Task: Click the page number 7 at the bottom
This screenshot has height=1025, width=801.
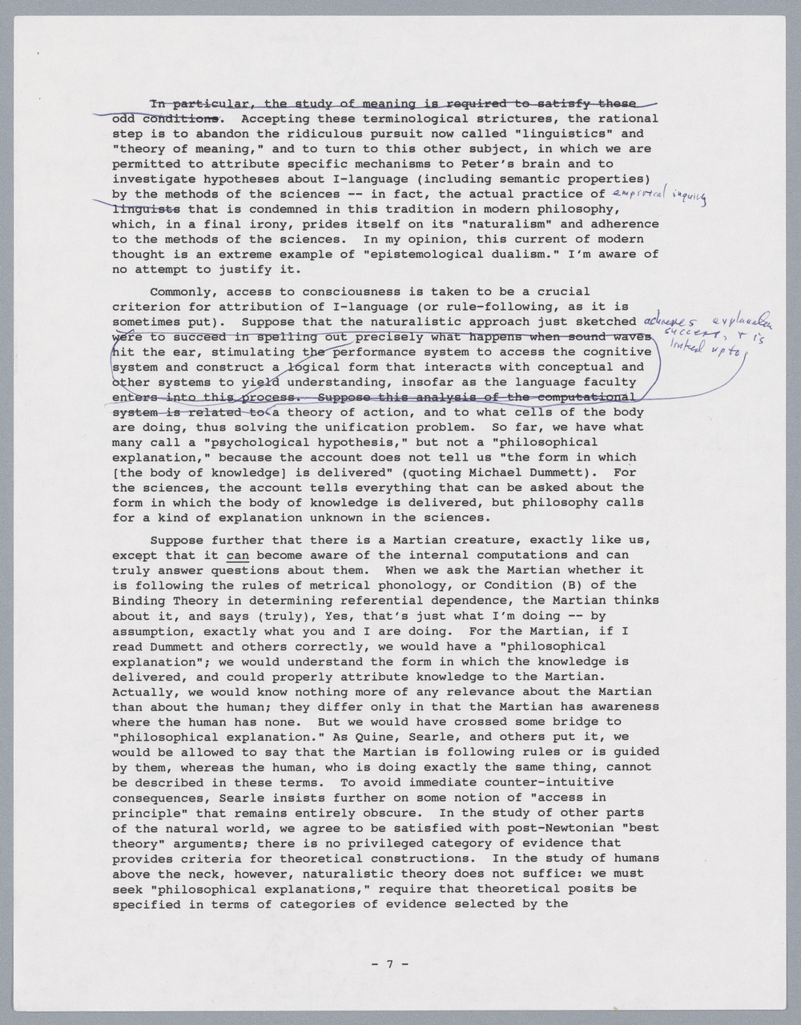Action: pos(390,964)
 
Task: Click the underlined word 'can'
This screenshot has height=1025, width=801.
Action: pos(237,555)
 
